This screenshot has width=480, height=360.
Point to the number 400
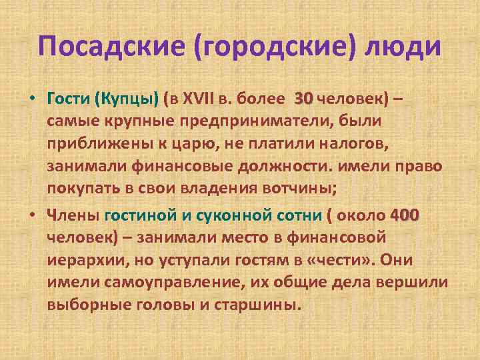[x=405, y=215]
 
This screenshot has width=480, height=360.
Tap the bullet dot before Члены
[x=31, y=215]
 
